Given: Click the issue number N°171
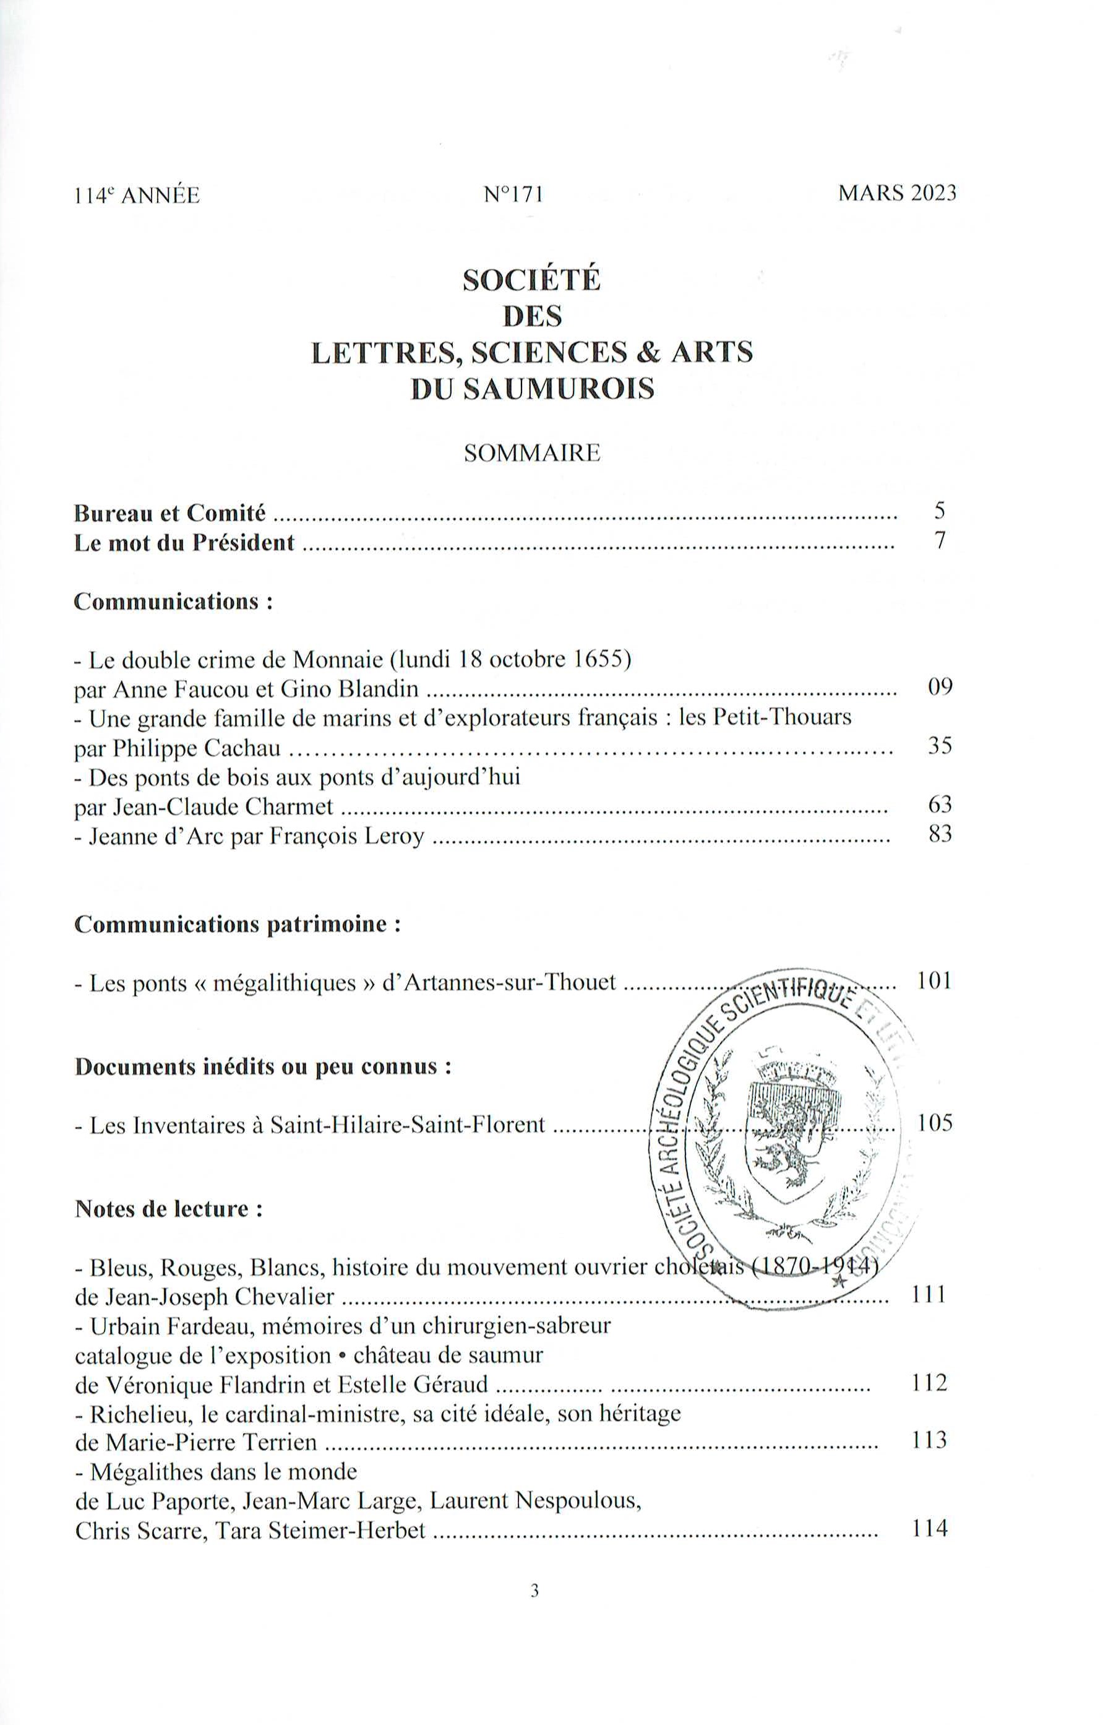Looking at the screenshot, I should point(513,195).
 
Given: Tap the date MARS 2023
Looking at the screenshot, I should point(897,194).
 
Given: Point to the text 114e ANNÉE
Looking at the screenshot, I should point(137,196).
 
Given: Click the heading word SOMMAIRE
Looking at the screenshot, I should point(531,454).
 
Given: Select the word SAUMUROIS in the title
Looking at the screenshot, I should point(559,389).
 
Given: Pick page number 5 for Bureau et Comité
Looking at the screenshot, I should point(940,511).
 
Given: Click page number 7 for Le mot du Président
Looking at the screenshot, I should point(940,540).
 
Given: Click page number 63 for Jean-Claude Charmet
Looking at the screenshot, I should point(940,805).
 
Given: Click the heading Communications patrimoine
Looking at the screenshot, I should point(236,925).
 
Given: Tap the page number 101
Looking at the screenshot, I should point(934,980).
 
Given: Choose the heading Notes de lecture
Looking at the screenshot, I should point(168,1209).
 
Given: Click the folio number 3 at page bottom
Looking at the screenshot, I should point(534,1610).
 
